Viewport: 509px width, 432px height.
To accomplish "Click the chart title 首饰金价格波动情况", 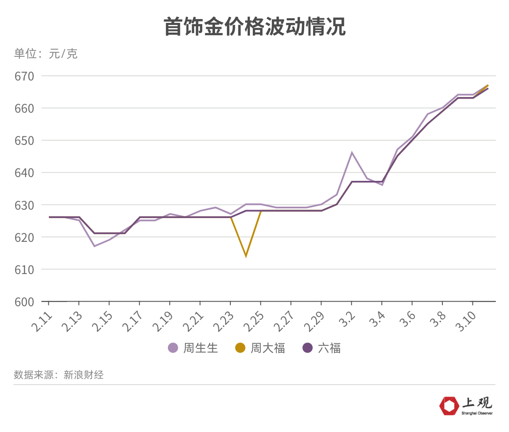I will coord(255,27).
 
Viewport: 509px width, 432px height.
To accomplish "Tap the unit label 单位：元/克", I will coord(46,54).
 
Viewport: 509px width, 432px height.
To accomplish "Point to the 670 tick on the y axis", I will coord(24,76).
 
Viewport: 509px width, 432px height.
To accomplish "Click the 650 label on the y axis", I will coord(24,141).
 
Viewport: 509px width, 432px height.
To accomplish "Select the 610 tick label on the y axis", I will coord(24,269).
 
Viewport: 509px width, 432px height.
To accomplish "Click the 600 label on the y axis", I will coord(24,302).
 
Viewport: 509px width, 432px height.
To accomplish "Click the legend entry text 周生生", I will coord(201,348).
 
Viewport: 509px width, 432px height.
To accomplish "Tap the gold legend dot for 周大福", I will coord(240,348).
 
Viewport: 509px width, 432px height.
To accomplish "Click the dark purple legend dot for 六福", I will coord(308,348).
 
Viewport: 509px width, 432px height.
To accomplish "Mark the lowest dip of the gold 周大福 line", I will coord(246,256).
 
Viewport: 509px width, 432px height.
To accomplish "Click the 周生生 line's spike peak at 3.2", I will coord(352,152).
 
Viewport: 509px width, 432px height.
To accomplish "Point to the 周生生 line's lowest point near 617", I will coord(94,246).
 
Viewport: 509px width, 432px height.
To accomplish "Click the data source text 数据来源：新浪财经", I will coord(59,375).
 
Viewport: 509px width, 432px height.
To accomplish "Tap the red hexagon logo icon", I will coord(449,406).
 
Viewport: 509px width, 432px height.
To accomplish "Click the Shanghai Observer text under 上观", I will coord(477,413).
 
